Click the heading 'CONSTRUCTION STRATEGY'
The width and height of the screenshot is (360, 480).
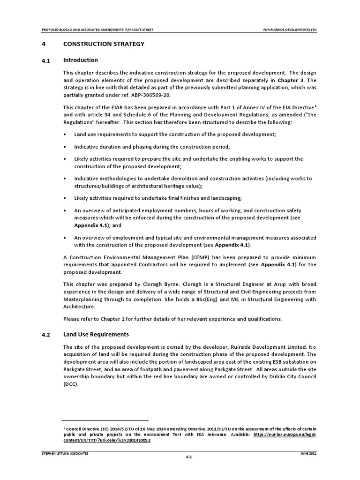coord(104,44)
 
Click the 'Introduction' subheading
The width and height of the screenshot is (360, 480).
coord(80,60)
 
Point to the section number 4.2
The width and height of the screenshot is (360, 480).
coord(46,335)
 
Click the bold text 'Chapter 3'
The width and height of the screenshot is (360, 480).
coord(291,80)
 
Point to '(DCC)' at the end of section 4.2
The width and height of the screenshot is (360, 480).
coord(70,383)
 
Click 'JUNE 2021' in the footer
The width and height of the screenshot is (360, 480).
coord(308,454)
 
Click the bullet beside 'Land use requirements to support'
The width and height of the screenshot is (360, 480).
coord(65,135)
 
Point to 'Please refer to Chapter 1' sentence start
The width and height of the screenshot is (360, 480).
coord(101,319)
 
